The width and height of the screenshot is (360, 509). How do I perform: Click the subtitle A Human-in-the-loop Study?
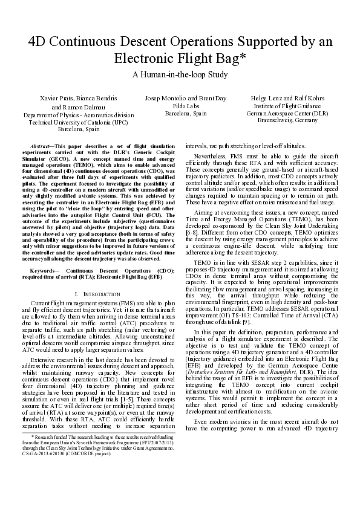pyautogui.click(x=180, y=75)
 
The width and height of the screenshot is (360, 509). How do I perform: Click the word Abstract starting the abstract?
pyautogui.click(x=41, y=147)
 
